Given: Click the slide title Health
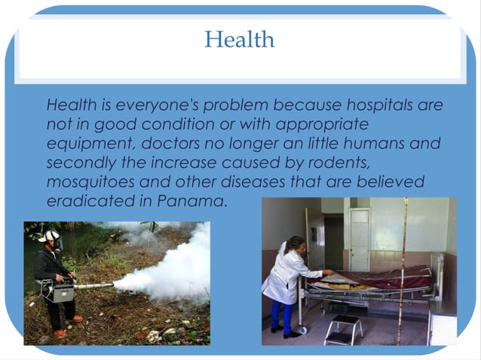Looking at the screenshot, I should coord(240,39).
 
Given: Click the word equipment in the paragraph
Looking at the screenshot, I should coord(82,143).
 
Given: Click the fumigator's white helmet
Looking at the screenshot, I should coord(50,236).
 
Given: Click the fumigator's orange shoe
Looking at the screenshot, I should coord(60,333).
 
